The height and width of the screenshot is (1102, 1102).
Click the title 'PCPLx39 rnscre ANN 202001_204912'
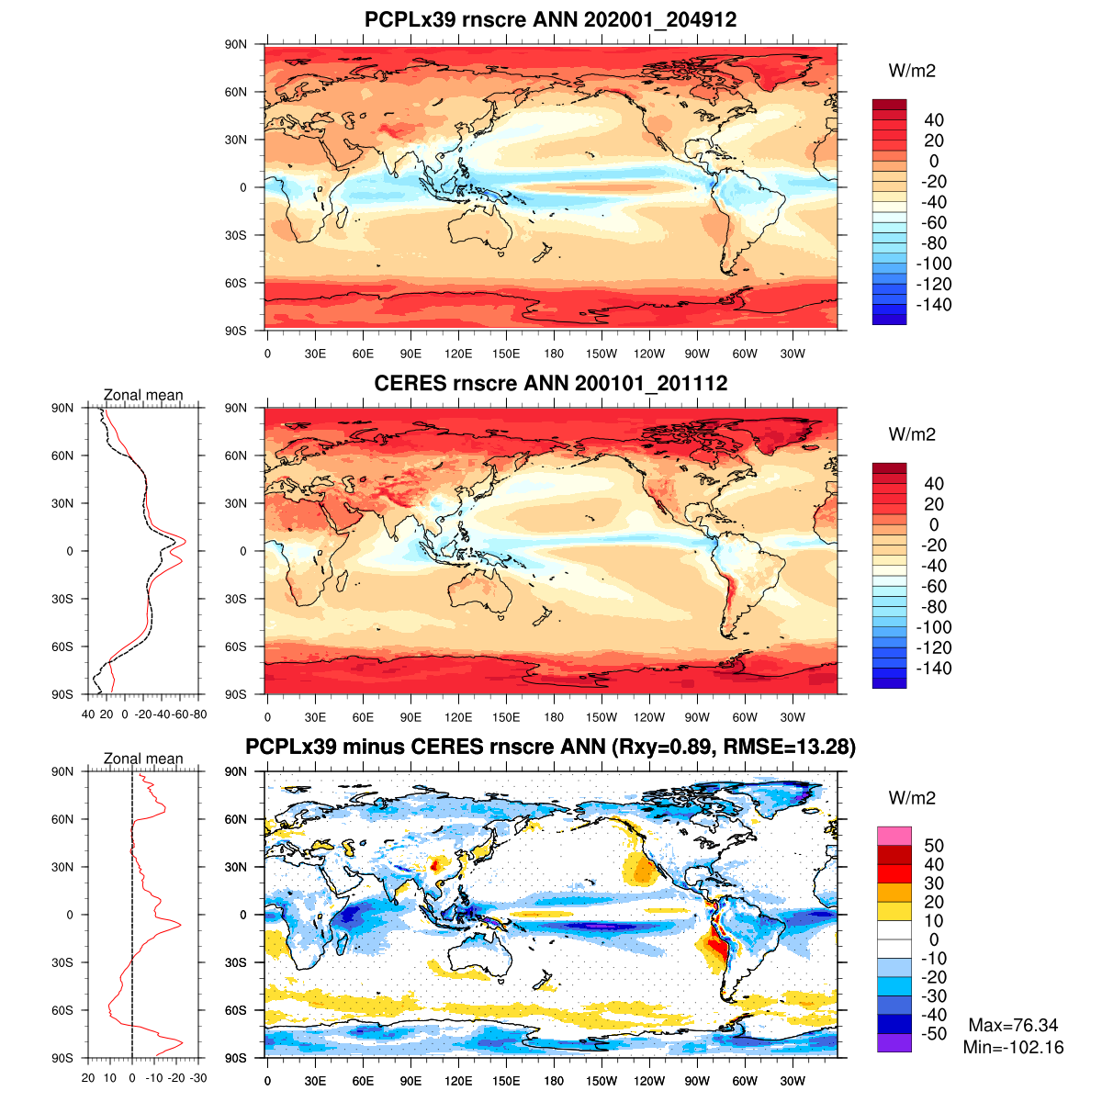click(x=550, y=19)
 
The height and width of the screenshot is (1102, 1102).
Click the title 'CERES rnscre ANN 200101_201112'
click(x=550, y=383)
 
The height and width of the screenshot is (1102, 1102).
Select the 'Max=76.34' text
click(x=1013, y=1026)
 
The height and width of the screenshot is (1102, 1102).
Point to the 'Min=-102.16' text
click(x=1013, y=1048)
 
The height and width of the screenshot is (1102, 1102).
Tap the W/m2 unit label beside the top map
click(x=912, y=71)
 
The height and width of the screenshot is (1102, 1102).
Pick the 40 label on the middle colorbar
click(x=933, y=484)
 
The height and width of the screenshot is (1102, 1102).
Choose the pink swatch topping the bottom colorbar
click(x=894, y=836)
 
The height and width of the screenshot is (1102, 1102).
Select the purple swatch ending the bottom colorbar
click(x=894, y=1043)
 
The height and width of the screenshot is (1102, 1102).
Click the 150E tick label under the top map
click(x=506, y=354)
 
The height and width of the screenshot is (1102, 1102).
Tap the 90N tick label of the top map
click(x=236, y=44)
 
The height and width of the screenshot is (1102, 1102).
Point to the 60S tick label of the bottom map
click(x=236, y=1010)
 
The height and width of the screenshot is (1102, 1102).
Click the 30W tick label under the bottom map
click(x=793, y=1082)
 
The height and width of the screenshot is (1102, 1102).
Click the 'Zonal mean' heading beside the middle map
click(x=143, y=395)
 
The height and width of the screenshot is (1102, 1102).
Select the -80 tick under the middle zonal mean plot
click(x=197, y=714)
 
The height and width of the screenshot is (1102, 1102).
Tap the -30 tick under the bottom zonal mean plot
click(x=197, y=1078)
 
